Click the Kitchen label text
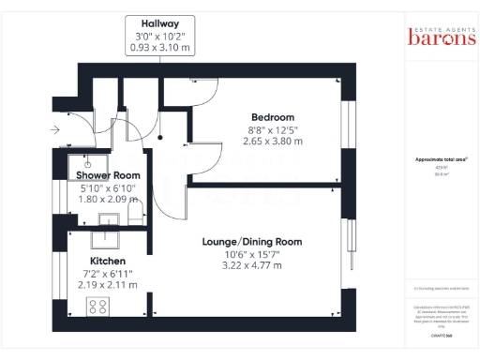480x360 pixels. [x=109, y=261]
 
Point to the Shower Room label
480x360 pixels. [x=108, y=175]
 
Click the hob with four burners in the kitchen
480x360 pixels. [x=97, y=305]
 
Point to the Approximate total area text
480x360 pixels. [x=442, y=159]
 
